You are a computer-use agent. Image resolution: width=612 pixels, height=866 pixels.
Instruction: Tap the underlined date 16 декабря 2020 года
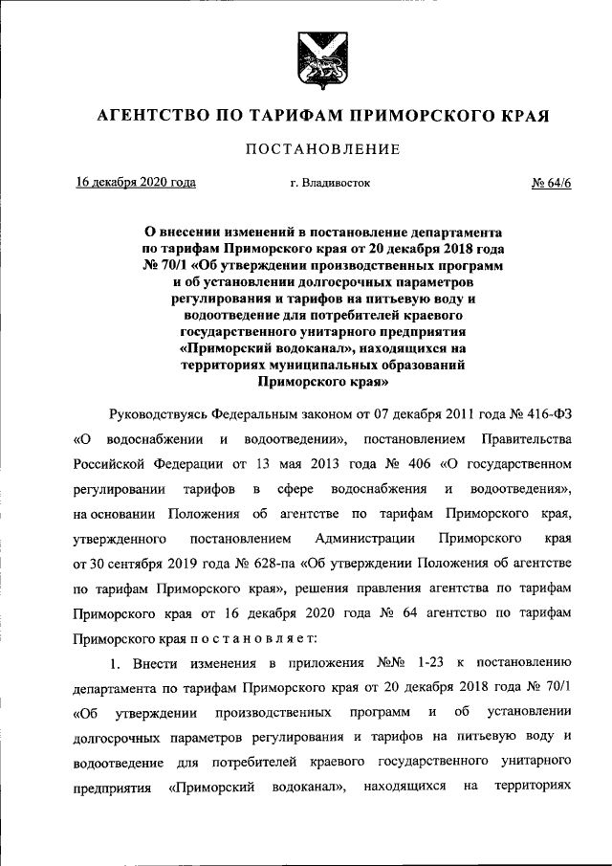coord(136,182)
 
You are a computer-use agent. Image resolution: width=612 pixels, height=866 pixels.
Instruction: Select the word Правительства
coord(532,438)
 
